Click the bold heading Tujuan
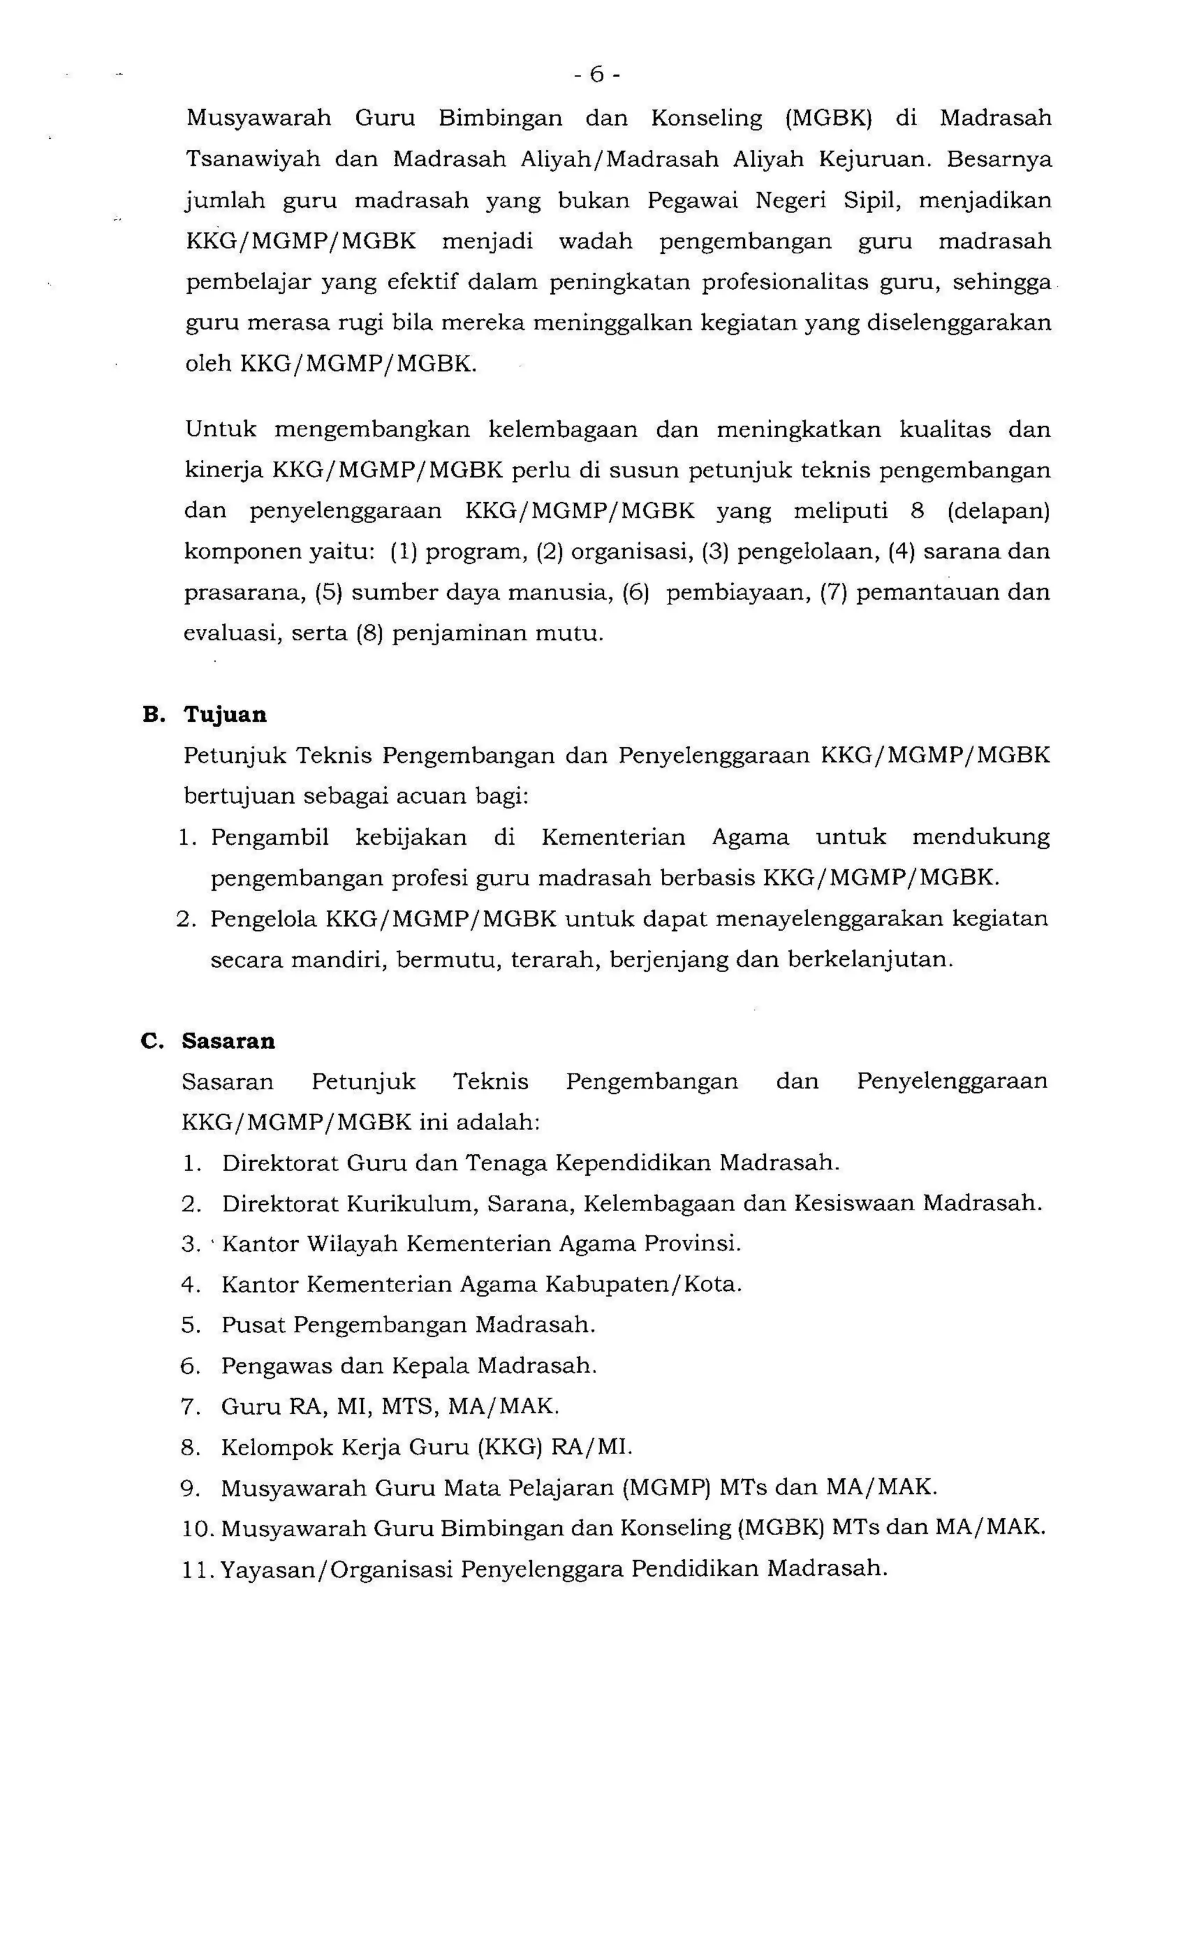tap(225, 714)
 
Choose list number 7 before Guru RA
tap(189, 1407)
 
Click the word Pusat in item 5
tap(252, 1325)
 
